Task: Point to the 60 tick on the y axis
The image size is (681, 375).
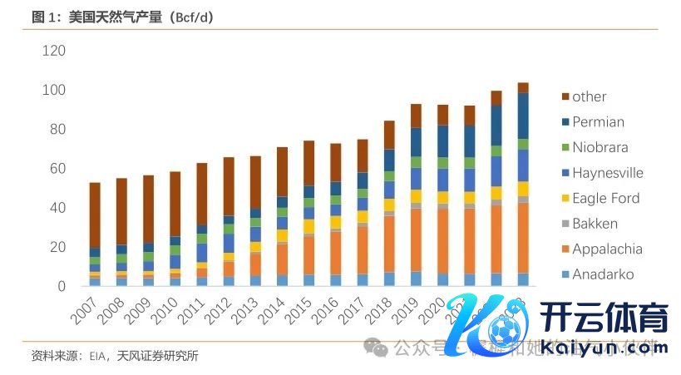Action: (56, 169)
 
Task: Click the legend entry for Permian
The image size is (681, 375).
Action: (598, 122)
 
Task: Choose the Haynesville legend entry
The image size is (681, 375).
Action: (607, 173)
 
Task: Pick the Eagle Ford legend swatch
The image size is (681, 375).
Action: (560, 199)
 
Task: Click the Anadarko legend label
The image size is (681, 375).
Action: (602, 274)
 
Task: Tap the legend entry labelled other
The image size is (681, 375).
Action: (589, 96)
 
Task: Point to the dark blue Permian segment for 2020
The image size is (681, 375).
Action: (442, 141)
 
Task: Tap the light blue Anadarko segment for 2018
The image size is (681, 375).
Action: (388, 279)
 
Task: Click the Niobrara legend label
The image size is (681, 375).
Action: (600, 148)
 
